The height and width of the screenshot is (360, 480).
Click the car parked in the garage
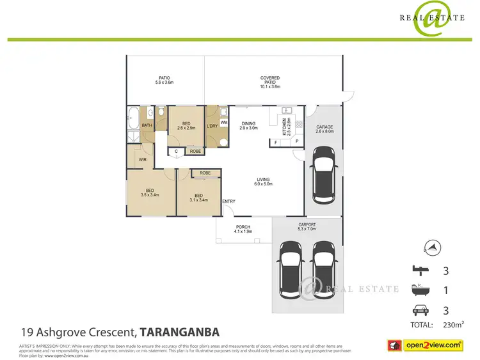pos(324,175)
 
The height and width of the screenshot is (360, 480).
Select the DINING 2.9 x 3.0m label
pos(248,126)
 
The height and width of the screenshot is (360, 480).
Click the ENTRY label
pos(228,202)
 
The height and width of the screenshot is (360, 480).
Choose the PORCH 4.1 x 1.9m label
pos(244,229)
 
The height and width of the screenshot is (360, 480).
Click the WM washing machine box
pos(224,121)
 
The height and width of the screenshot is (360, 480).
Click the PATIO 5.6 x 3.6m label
pos(164,80)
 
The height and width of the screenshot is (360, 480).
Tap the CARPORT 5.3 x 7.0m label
pos(307,227)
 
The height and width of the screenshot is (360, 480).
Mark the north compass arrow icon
pos(433,247)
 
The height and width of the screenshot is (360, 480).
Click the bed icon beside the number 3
pos(420,270)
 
